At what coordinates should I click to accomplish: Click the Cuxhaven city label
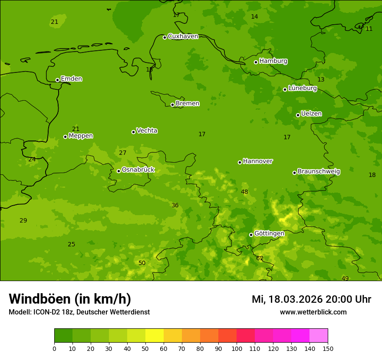coord(183,36)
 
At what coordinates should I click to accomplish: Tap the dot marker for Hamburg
coord(256,62)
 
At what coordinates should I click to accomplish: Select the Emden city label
coord(71,79)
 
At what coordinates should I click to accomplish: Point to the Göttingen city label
coord(269,233)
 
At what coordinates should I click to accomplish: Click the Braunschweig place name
coord(319,172)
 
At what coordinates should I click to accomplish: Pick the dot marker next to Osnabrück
coord(119,171)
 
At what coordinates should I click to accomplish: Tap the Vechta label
coord(147,131)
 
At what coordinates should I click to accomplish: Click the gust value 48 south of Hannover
coord(244,192)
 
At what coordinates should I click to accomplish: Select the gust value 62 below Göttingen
coord(260,258)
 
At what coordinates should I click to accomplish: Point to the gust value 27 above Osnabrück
coord(122,153)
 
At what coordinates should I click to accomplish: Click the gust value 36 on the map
coord(175,205)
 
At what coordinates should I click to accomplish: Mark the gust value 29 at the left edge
coord(23,220)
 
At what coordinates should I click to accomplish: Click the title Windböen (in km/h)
coord(69,299)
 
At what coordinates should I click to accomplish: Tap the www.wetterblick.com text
coord(313,312)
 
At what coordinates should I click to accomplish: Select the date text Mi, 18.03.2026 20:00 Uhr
coord(311,299)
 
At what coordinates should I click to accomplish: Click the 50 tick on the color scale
coord(145,348)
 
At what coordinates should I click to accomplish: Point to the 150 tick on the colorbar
coord(327,348)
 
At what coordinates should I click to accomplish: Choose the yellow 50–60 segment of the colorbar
coord(155,336)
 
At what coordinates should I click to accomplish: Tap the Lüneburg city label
coord(302,88)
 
